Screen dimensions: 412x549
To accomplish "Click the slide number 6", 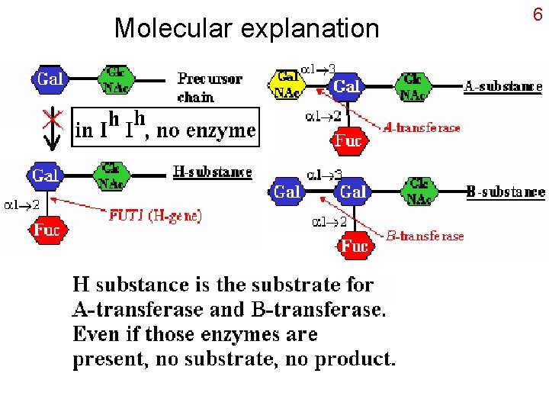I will pos(537,14).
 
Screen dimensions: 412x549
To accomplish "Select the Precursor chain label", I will pos(209,87).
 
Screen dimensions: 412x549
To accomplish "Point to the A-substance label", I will pos(503,86).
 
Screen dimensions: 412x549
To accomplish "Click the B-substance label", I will pos(506,192).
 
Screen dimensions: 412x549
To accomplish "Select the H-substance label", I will pos(213,172).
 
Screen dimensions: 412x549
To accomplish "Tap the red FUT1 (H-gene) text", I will pos(155,216).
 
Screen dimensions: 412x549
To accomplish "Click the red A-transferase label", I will pos(422,128).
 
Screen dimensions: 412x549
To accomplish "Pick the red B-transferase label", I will pos(425,236).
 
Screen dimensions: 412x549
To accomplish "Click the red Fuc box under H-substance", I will pos(47,230).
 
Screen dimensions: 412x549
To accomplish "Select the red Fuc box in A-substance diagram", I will pos(348,141).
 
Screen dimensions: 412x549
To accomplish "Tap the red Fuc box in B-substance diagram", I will pos(355,246).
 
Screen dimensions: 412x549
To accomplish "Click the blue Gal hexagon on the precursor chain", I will pos(50,79).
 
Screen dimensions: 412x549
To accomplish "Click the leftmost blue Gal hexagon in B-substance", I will pos(286,192).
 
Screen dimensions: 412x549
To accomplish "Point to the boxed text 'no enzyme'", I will pos(206,130).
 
